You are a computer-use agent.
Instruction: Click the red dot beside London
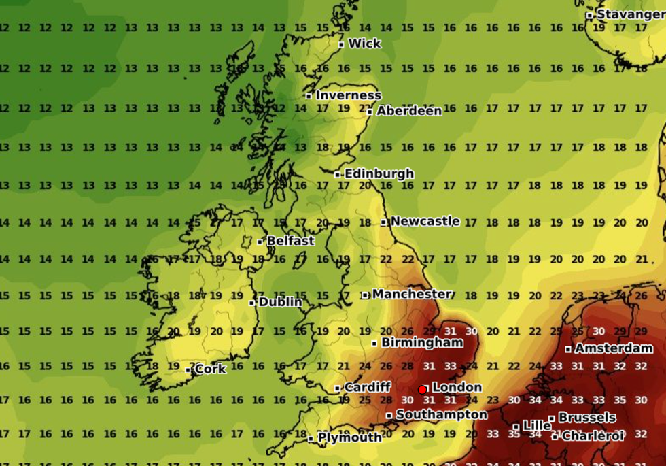pos(422,389)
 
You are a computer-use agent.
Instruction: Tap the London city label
pos(457,388)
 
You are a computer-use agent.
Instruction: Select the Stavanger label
pos(630,14)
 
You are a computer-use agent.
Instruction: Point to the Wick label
pos(364,44)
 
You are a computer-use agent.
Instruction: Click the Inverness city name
pos(348,95)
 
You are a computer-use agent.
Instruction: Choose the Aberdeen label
pos(409,111)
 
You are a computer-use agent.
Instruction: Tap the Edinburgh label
pos(379,174)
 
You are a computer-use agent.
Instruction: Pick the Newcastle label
pos(425,221)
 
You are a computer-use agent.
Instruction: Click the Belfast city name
pos(290,241)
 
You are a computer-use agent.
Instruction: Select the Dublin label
pos(280,301)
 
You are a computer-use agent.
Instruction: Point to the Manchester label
pos(411,295)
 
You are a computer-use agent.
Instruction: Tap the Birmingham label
pos(421,343)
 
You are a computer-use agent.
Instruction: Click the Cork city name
pos(210,369)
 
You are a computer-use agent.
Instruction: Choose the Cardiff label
pos(367,388)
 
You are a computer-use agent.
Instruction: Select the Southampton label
pos(441,415)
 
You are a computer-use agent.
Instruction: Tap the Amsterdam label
pos(613,348)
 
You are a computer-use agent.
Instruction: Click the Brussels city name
pos(586,418)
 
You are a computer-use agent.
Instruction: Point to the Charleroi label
pos(593,436)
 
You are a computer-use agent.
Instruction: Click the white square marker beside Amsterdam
pos(568,349)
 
